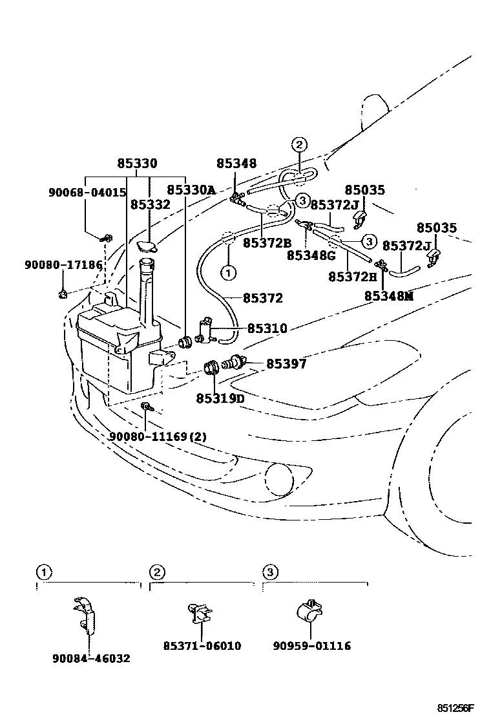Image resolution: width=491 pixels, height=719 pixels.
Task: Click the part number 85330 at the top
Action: (x=137, y=164)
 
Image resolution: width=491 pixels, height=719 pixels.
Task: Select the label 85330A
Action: (x=191, y=190)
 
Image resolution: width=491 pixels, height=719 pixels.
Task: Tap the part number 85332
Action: (x=150, y=205)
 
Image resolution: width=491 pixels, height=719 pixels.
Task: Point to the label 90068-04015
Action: (x=87, y=193)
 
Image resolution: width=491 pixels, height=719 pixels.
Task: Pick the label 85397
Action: (x=286, y=365)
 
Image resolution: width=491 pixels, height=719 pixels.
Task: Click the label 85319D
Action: (x=220, y=398)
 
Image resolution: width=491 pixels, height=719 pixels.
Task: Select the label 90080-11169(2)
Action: (x=158, y=436)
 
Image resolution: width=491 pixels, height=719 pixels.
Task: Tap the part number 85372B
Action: (x=267, y=243)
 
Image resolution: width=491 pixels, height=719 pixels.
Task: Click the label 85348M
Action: (x=388, y=295)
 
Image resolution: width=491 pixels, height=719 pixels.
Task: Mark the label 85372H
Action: (x=352, y=277)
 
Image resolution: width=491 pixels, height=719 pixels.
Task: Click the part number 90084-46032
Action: (x=91, y=658)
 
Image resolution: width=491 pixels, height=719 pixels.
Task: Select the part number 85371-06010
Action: (x=202, y=646)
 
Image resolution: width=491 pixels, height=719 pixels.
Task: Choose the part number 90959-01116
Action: (x=312, y=646)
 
